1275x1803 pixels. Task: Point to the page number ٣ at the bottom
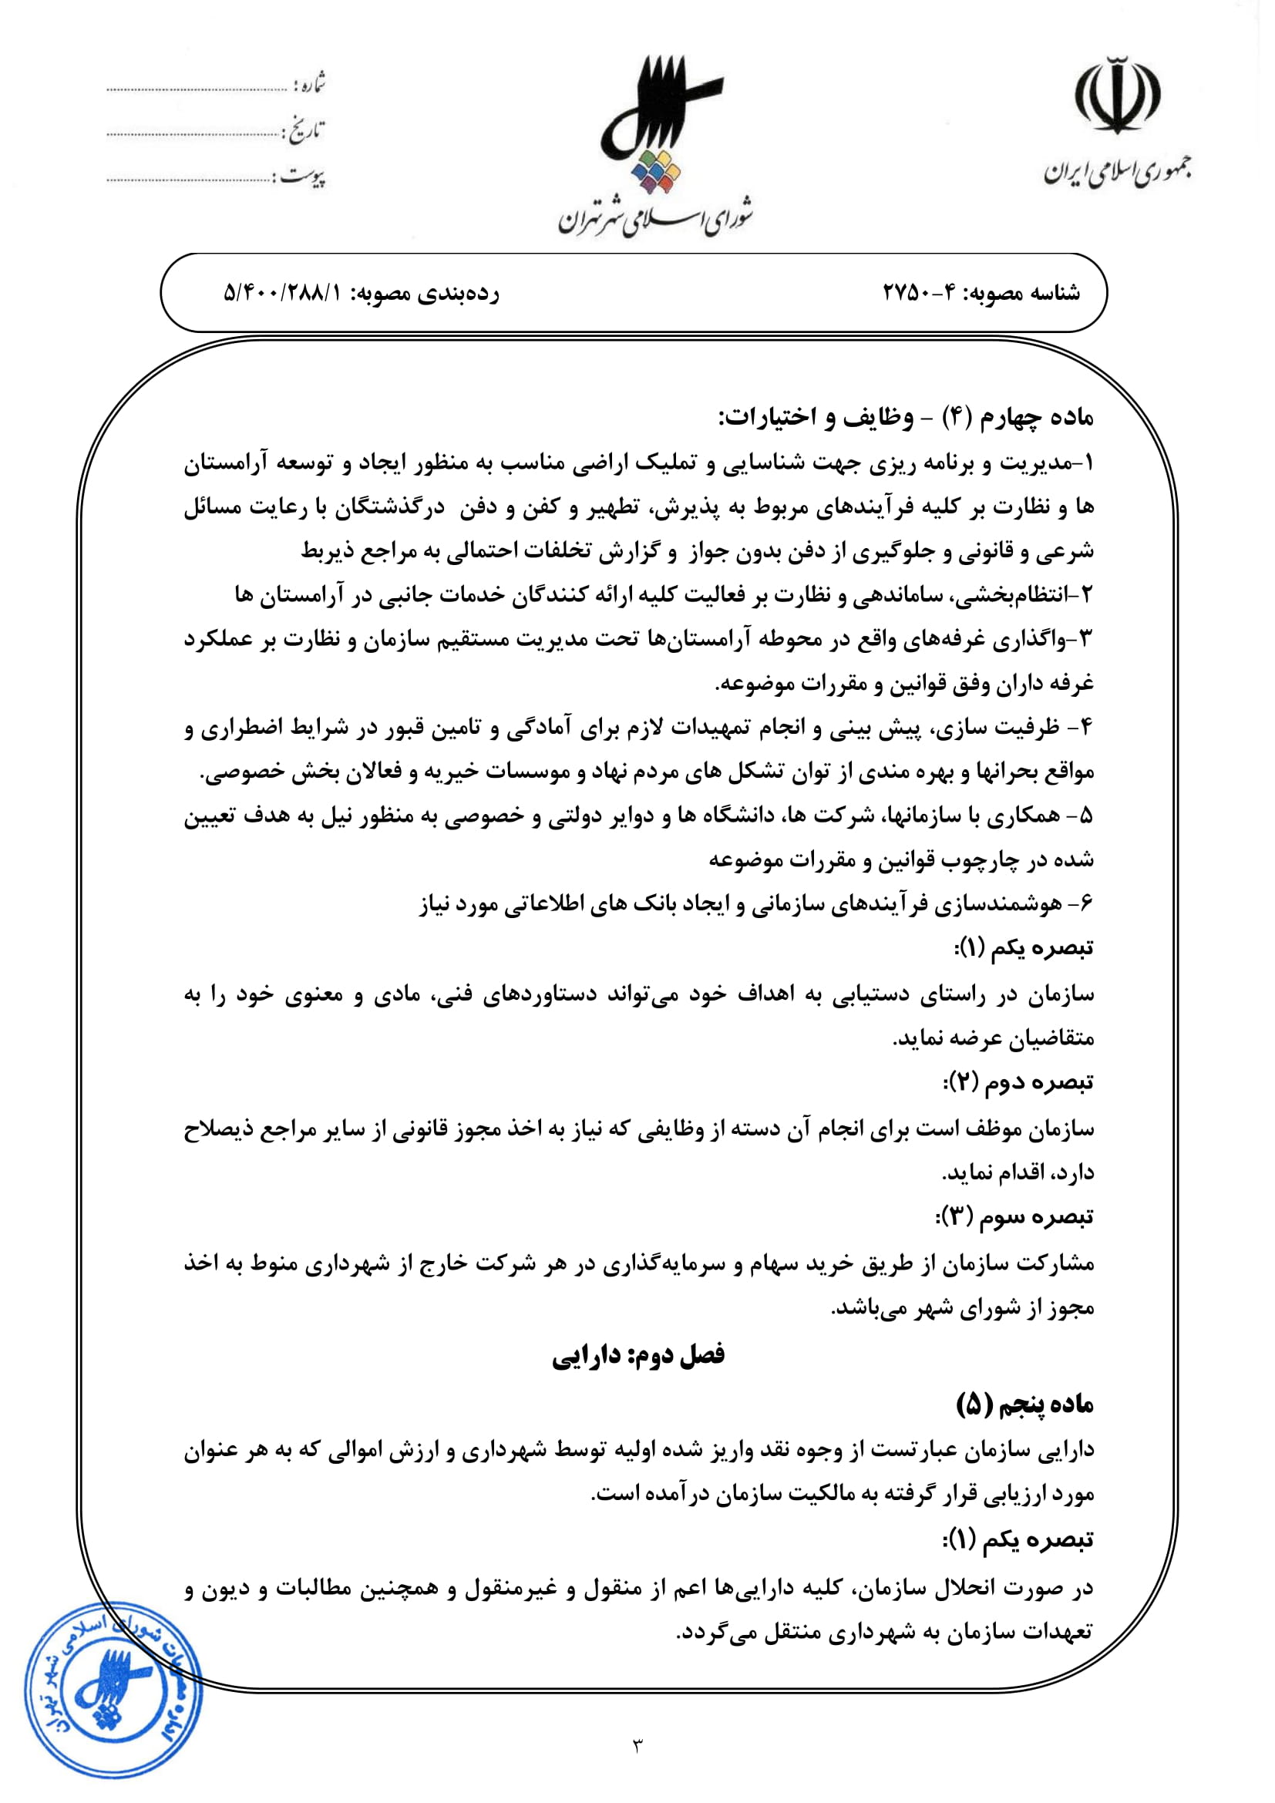click(637, 1745)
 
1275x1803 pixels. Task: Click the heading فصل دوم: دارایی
click(637, 1355)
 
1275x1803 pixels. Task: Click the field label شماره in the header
click(309, 82)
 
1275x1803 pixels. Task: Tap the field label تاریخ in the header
click(305, 130)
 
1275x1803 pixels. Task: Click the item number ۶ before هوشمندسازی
click(1086, 905)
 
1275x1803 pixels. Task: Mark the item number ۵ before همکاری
click(1086, 816)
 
